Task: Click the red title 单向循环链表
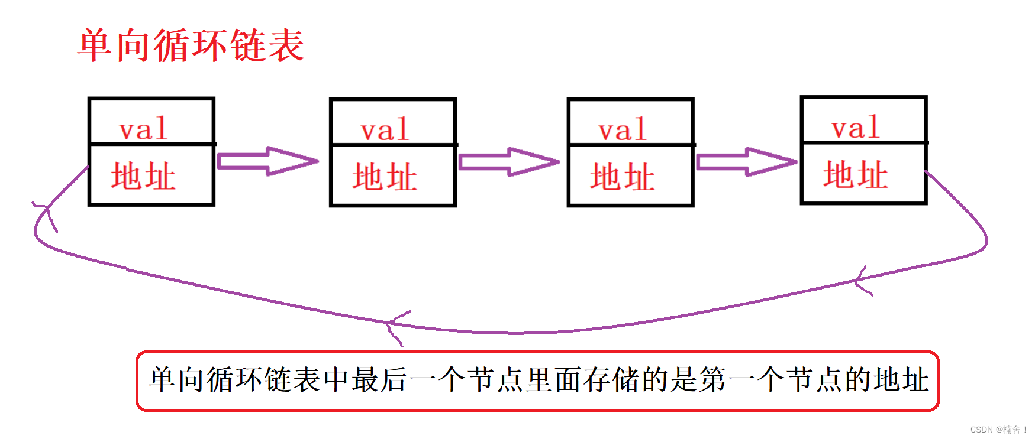pyautogui.click(x=191, y=45)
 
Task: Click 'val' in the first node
pyautogui.click(x=143, y=129)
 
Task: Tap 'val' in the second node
pyautogui.click(x=385, y=130)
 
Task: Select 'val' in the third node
pyautogui.click(x=622, y=130)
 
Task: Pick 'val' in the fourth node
pyautogui.click(x=855, y=128)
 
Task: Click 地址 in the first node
pyautogui.click(x=143, y=176)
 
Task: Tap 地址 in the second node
pyautogui.click(x=385, y=177)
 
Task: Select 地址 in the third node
pyautogui.click(x=622, y=177)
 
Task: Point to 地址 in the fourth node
pyautogui.click(x=855, y=175)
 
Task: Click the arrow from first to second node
pyautogui.click(x=267, y=161)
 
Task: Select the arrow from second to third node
pyautogui.click(x=509, y=162)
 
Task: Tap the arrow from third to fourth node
pyautogui.click(x=747, y=162)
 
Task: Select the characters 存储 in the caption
pyautogui.click(x=611, y=380)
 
